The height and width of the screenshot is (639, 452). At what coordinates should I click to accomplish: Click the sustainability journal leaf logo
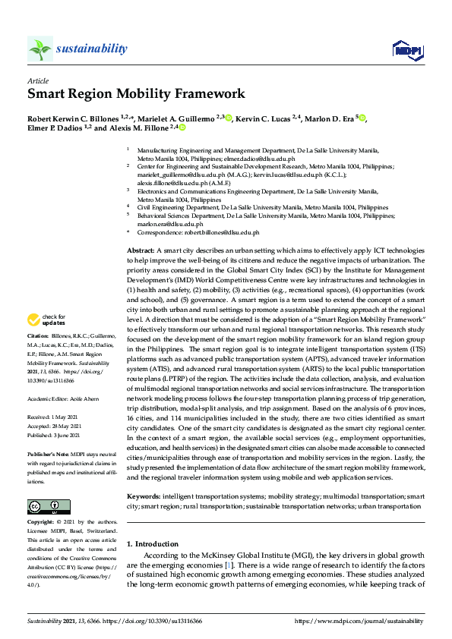point(40,49)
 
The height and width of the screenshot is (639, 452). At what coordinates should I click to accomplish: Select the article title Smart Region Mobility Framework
point(137,94)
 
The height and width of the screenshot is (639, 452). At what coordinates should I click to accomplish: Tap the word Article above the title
point(38,80)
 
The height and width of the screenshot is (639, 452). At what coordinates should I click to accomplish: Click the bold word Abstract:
point(141,250)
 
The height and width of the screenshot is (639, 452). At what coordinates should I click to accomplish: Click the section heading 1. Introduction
point(153,544)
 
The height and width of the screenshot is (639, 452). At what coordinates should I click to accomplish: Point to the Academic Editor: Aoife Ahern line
point(63,397)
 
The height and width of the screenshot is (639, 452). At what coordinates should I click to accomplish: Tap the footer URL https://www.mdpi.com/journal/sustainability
point(359,621)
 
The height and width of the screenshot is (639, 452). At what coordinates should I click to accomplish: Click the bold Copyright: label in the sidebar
point(41,523)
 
